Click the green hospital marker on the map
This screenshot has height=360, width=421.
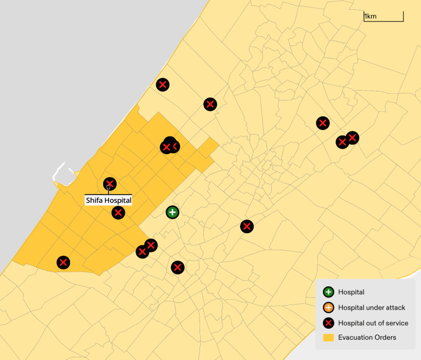(x=172, y=212)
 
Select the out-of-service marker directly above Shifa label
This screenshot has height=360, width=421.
(x=110, y=184)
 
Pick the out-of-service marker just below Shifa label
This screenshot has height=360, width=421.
(x=118, y=212)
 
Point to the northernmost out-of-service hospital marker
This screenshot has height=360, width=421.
(x=162, y=85)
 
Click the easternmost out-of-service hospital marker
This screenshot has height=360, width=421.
(x=352, y=137)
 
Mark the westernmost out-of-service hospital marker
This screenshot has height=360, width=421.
(x=63, y=262)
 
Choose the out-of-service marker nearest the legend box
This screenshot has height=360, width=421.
(x=247, y=226)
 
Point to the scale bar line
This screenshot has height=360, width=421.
(x=383, y=21)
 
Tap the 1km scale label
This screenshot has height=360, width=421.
(x=371, y=16)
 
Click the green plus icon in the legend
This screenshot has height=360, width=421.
(x=328, y=292)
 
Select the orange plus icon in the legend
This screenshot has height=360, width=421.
(x=328, y=308)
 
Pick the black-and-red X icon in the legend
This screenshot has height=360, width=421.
(x=328, y=323)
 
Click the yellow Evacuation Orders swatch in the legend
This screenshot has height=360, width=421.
(x=328, y=337)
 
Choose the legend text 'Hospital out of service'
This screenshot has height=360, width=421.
(x=373, y=323)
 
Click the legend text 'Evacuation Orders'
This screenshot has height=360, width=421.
(x=367, y=337)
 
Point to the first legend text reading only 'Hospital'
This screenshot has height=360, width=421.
(x=351, y=292)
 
